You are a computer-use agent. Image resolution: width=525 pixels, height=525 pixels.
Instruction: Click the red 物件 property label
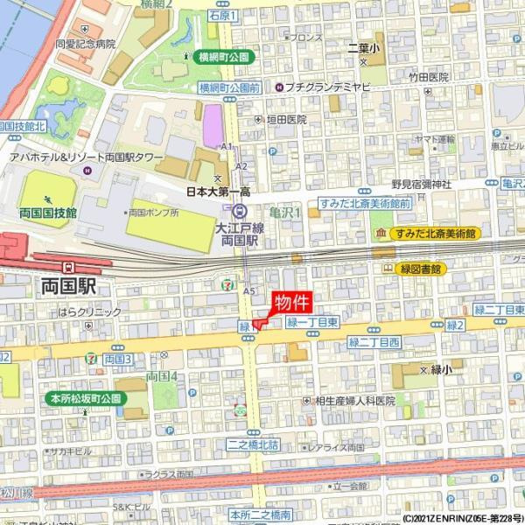point(292,303)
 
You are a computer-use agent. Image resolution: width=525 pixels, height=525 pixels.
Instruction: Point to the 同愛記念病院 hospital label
point(85,42)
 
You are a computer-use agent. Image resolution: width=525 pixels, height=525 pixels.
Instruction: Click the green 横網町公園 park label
point(223,56)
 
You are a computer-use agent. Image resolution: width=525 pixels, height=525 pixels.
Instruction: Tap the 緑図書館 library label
point(422,269)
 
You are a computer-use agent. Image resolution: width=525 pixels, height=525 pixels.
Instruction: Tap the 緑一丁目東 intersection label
point(311,323)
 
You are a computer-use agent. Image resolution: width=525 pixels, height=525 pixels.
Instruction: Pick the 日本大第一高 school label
point(218,191)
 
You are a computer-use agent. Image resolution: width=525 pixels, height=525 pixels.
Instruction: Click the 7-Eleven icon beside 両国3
point(92,359)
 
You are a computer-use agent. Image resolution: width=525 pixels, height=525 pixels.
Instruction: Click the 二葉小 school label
point(364,47)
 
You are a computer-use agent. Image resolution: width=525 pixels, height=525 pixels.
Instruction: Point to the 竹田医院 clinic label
point(428,77)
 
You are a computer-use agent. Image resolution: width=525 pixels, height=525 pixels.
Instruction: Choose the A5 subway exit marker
point(251,290)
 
